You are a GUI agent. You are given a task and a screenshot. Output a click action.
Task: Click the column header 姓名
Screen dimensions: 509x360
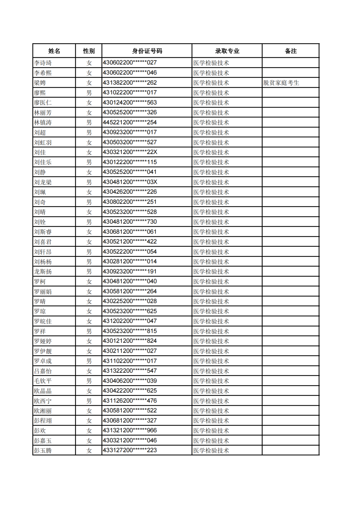click(x=54, y=51)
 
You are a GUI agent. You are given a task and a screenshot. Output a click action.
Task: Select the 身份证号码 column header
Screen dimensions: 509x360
click(x=147, y=51)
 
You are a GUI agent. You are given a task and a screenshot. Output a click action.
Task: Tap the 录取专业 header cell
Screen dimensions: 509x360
click(x=227, y=51)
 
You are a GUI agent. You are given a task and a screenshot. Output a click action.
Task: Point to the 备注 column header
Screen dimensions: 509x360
click(x=291, y=51)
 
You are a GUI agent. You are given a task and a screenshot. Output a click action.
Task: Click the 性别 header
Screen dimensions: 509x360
click(x=89, y=51)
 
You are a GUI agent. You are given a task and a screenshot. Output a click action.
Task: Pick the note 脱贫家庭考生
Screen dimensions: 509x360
click(x=281, y=83)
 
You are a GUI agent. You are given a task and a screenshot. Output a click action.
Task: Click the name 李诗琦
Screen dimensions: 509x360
click(x=43, y=63)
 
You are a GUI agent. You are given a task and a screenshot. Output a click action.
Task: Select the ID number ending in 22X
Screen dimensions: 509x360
click(x=130, y=152)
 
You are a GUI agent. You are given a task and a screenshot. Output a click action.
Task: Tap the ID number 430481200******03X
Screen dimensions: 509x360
click(x=130, y=182)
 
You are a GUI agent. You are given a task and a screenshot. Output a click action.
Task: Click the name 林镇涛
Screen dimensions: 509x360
click(x=43, y=123)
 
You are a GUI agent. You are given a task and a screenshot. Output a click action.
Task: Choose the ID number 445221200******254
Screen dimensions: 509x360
click(x=130, y=122)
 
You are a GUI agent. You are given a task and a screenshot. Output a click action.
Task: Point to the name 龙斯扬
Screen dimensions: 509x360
click(x=43, y=272)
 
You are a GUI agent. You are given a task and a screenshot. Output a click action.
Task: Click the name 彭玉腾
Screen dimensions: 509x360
click(x=43, y=451)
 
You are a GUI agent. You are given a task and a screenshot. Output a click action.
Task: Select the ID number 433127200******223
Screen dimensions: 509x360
click(x=130, y=450)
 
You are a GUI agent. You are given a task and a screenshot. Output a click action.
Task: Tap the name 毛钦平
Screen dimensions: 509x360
click(x=43, y=381)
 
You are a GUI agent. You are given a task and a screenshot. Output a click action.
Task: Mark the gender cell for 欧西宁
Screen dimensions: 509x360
click(x=89, y=401)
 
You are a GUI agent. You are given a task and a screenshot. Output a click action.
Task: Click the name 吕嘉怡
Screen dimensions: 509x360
click(x=43, y=371)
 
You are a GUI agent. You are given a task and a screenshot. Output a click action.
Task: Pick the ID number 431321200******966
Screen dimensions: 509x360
click(x=130, y=430)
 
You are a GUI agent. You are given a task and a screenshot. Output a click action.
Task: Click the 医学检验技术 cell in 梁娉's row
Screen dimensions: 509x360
click(x=211, y=83)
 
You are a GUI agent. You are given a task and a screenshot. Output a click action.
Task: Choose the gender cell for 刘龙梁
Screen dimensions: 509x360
click(x=89, y=182)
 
